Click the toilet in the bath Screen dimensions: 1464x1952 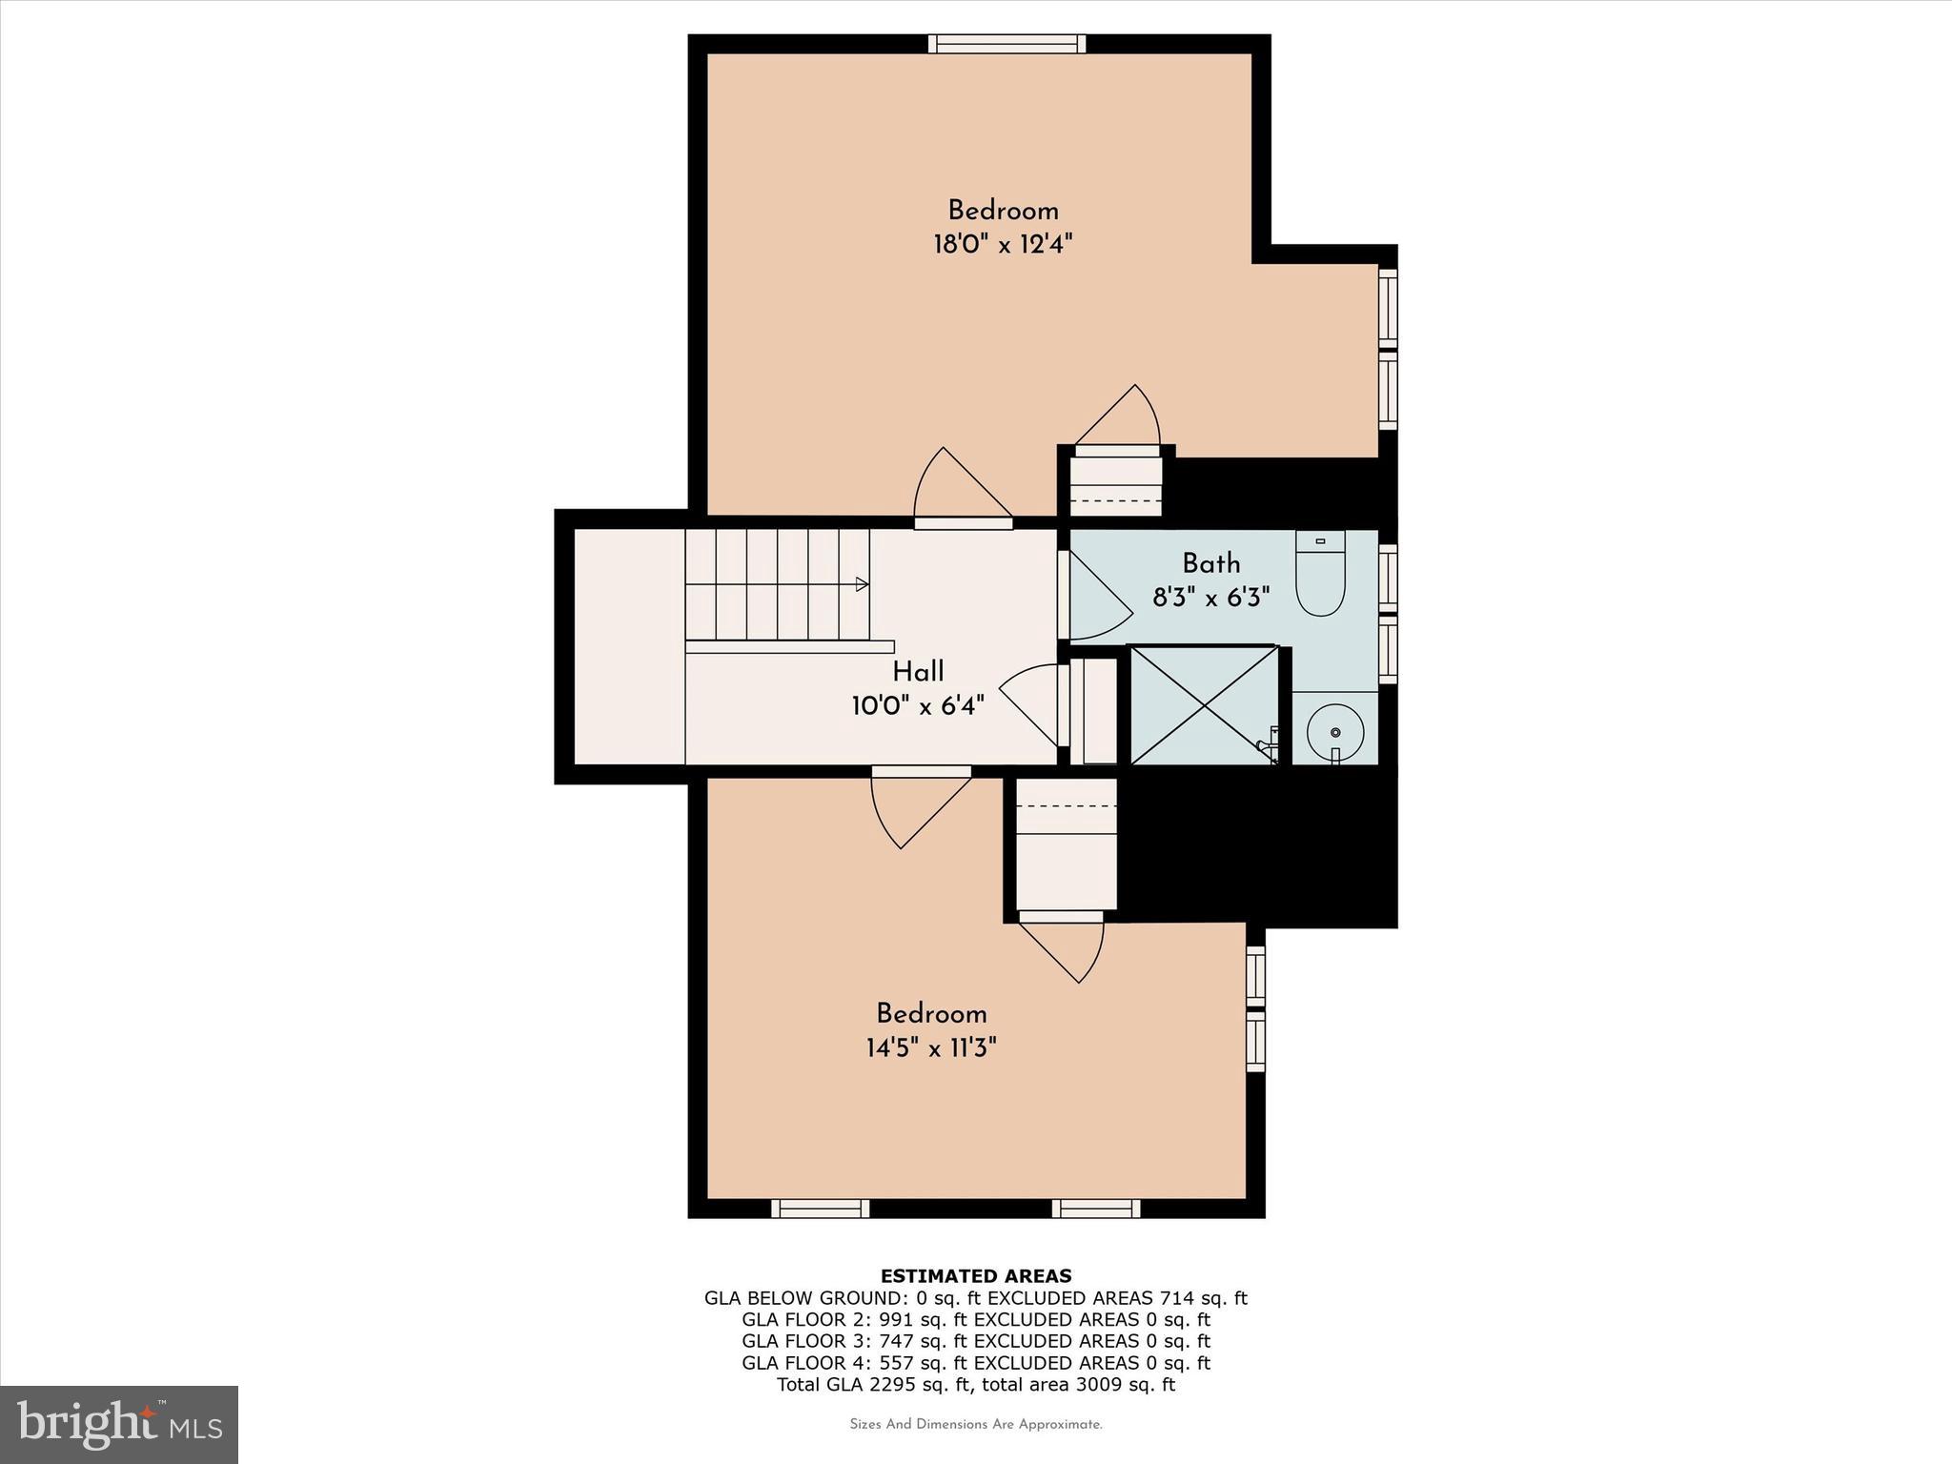1320,575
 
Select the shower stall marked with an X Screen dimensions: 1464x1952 1204,705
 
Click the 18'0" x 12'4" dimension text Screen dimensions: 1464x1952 1003,245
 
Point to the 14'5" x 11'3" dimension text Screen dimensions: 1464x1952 931,1049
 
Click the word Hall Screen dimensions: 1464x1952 918,672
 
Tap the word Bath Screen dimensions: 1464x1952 1211,563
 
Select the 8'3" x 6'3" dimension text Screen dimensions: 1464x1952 1211,599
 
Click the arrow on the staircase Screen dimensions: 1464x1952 862,584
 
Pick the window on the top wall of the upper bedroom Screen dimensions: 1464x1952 1006,44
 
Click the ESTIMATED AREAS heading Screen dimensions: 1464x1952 976,1276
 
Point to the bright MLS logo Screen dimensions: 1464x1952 119,1424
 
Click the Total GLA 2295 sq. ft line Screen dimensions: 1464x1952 976,1385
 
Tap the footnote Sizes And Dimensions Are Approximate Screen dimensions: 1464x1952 976,1425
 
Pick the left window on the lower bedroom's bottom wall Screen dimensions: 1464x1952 820,1209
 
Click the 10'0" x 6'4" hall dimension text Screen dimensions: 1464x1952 918,706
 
